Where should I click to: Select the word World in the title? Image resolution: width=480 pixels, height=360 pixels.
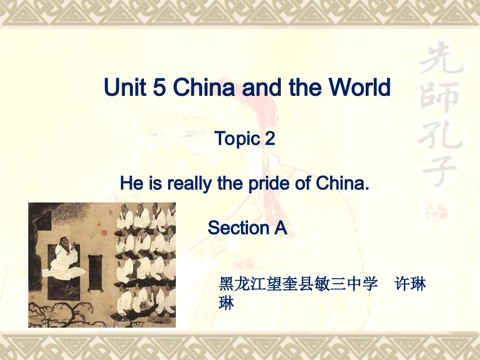(x=360, y=87)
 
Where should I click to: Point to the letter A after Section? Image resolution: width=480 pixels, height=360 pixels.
(x=280, y=228)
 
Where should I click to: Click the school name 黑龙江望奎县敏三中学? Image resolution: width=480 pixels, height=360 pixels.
(x=298, y=284)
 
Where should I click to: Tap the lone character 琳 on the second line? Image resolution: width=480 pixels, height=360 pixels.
(x=226, y=303)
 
